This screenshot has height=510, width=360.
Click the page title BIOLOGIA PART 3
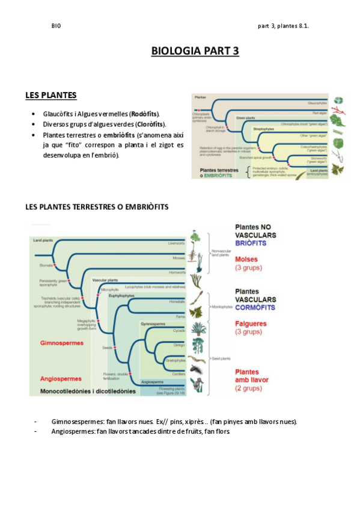tap(195, 51)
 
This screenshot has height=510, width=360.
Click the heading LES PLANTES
tap(50, 95)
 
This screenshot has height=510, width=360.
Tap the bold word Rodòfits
tap(145, 114)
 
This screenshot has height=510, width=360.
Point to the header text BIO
tap(56, 26)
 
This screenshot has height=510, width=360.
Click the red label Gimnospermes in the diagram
tap(61, 343)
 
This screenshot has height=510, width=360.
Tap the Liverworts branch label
tap(176, 243)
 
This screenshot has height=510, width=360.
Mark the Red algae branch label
tap(319, 113)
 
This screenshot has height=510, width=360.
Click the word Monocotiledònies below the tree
tap(66, 391)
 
